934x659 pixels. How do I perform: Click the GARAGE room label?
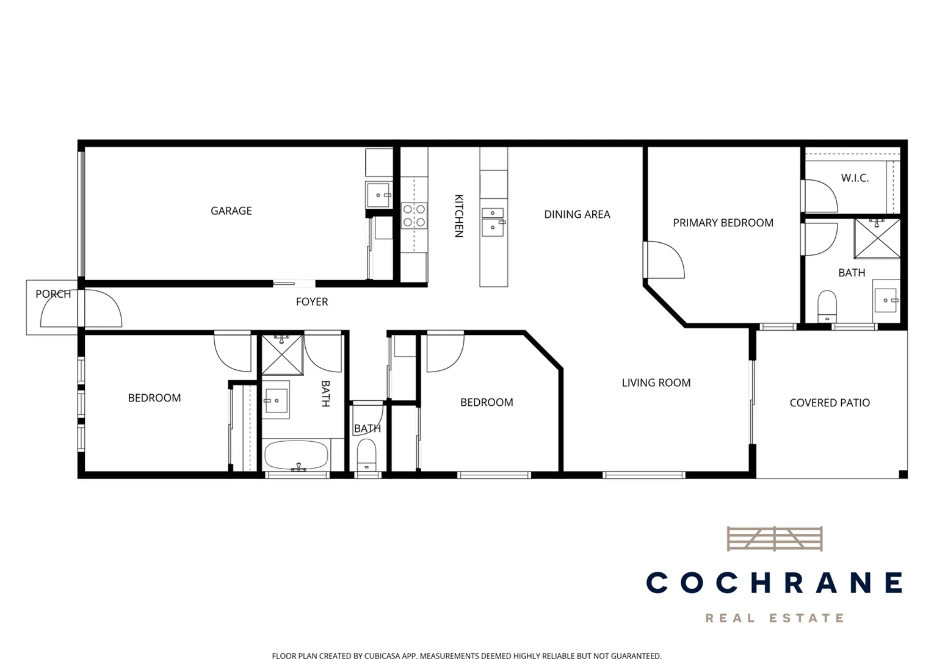click(231, 211)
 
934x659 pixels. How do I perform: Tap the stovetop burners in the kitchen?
click(414, 216)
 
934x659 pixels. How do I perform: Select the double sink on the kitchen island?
click(493, 221)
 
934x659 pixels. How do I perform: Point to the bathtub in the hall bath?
click(296, 455)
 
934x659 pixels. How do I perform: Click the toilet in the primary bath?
click(827, 304)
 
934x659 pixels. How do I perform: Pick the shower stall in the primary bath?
click(877, 239)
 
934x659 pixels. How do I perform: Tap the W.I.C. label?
click(855, 178)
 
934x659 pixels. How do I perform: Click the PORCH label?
click(53, 294)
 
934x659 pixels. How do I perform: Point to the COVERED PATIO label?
click(830, 403)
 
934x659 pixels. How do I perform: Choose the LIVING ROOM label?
click(656, 383)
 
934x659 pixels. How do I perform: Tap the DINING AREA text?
click(577, 215)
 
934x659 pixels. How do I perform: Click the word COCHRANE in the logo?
click(774, 583)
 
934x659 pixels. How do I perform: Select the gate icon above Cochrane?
click(774, 539)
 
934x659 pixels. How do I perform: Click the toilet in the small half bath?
click(367, 454)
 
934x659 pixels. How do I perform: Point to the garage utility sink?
click(378, 195)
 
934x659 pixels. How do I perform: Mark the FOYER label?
click(312, 302)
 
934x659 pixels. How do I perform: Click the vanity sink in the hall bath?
click(276, 400)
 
